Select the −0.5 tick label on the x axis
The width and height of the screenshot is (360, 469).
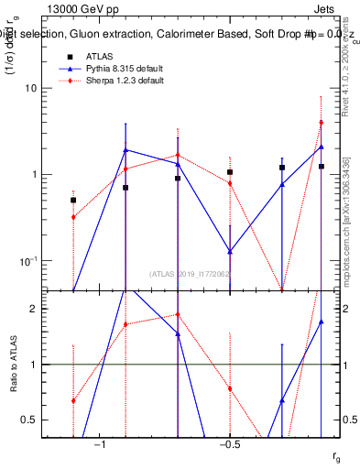[228, 444]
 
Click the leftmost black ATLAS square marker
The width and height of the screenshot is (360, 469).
[73, 199]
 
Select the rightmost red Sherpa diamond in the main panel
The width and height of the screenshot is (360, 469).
[321, 122]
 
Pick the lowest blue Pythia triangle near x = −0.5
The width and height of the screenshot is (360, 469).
[230, 251]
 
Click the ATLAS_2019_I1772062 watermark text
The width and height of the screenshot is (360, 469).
[191, 273]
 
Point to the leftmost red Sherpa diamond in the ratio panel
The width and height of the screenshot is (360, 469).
[73, 400]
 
